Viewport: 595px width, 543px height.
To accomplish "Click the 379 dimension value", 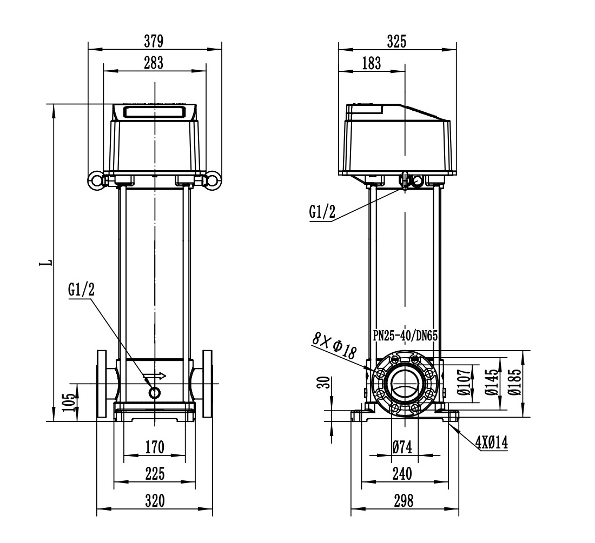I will pos(154,41).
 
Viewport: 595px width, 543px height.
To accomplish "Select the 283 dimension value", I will pos(154,63).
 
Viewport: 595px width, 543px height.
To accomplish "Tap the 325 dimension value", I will pos(398,41).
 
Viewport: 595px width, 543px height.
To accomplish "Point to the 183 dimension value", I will pos(371,63).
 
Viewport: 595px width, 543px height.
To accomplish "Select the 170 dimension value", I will pos(155,447).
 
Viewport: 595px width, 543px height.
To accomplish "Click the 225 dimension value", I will pos(155,474).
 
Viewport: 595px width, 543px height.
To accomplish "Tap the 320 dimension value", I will pos(155,501).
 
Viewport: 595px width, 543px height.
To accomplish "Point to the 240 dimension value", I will pos(402,474).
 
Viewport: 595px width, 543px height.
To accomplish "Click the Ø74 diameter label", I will pos(402,447).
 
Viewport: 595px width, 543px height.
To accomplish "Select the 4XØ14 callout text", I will pos(491,443).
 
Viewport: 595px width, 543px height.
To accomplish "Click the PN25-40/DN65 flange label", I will pos(405,335).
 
